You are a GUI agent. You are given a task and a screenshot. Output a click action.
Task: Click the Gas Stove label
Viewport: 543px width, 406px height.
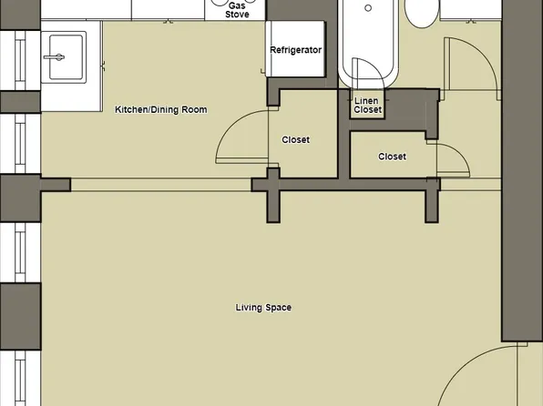(238, 10)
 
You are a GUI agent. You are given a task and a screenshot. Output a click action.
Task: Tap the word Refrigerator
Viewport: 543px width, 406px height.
(296, 50)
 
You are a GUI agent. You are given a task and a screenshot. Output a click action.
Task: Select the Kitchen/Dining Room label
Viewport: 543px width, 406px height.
(160, 110)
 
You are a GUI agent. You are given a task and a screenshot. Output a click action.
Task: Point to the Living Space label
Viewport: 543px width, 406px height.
(263, 308)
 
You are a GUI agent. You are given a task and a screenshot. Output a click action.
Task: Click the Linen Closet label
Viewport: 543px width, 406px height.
(368, 105)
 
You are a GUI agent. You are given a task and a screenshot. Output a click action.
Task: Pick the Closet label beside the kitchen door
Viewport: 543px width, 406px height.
(295, 140)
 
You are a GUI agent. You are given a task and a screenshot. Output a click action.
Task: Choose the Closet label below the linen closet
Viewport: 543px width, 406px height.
(392, 157)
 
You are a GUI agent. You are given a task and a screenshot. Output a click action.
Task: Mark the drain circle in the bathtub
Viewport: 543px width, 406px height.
(368, 8)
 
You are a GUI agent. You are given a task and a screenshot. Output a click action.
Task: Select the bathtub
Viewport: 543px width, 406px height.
(368, 41)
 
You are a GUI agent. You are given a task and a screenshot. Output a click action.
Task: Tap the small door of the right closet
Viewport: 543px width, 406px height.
(452, 159)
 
